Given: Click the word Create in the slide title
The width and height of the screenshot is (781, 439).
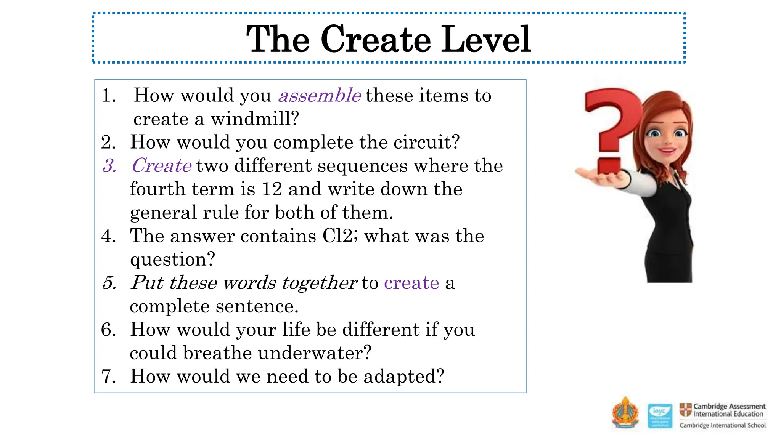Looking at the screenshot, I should click(x=376, y=39).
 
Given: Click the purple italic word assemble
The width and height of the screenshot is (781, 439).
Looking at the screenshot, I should click(x=319, y=95).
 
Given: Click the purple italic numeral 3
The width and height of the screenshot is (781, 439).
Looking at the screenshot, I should click(x=109, y=166).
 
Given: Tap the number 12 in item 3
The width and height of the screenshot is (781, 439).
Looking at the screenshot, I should click(x=272, y=189).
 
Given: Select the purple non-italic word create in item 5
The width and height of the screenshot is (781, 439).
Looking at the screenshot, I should click(x=411, y=283).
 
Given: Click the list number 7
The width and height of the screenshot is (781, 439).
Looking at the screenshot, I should click(x=109, y=377).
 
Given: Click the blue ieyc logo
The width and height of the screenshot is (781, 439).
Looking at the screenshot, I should click(x=660, y=415).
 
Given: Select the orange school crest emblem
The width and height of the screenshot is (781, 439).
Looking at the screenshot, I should click(x=625, y=414).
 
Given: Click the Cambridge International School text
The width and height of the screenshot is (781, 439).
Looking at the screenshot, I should click(x=722, y=425).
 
